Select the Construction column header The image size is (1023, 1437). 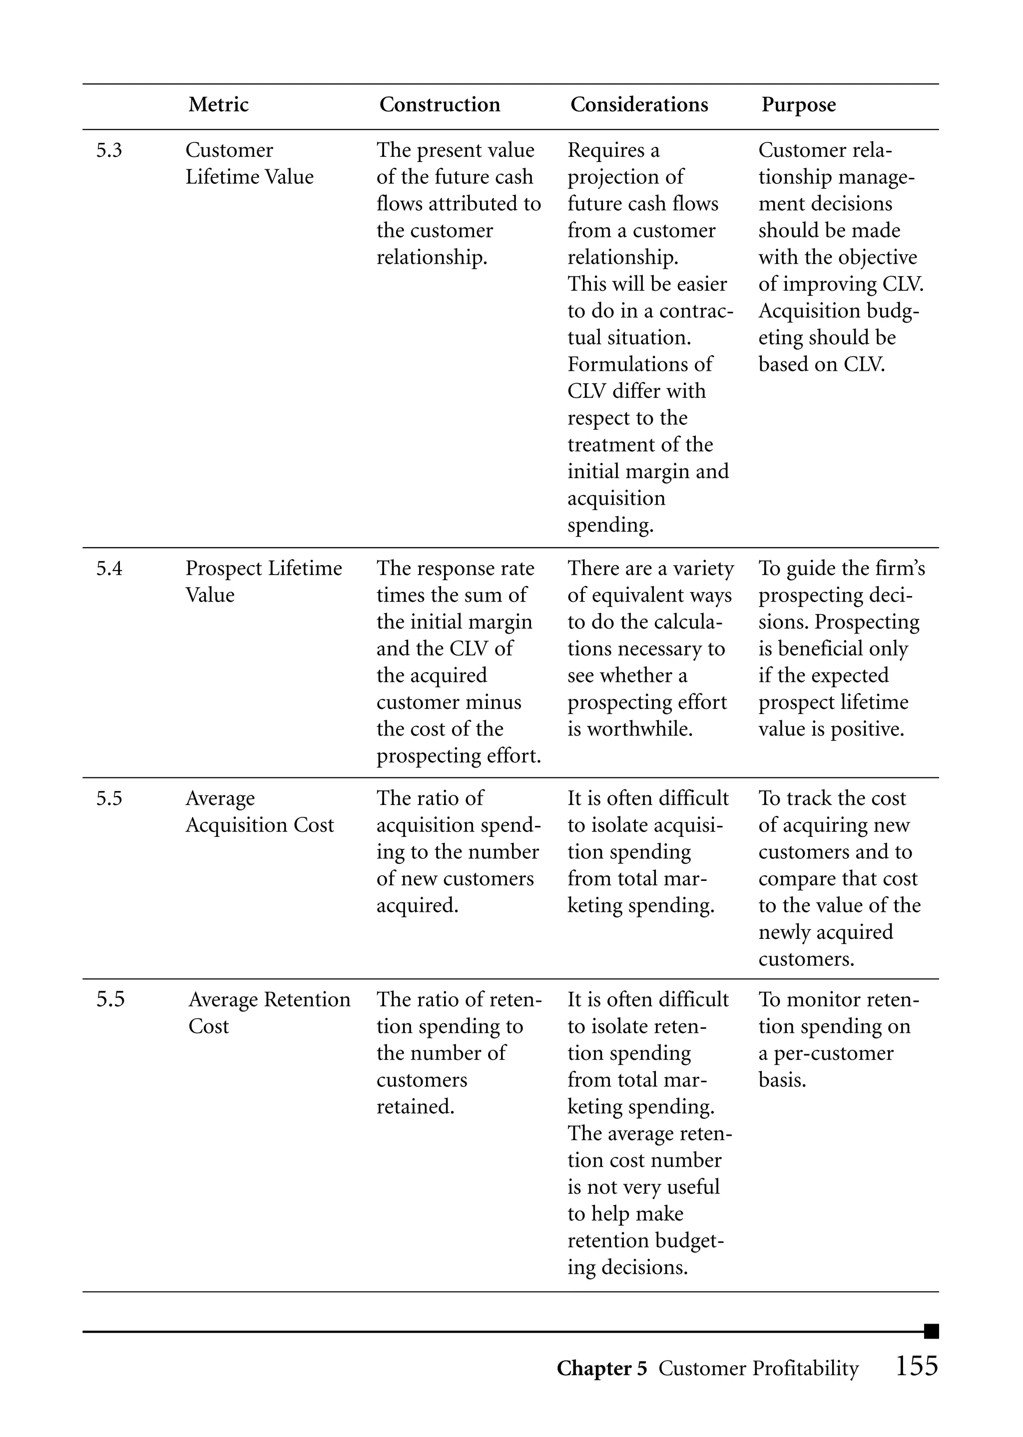click(x=439, y=104)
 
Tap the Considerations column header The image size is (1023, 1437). click(x=639, y=104)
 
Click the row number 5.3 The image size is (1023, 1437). click(x=109, y=150)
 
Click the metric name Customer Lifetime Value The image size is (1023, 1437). click(x=249, y=164)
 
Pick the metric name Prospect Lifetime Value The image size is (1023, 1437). click(x=263, y=582)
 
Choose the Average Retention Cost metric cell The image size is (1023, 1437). click(x=269, y=1013)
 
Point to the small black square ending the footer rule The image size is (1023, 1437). click(x=931, y=1331)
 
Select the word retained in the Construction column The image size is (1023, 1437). click(x=415, y=1107)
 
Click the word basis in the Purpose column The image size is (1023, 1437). click(x=782, y=1080)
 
